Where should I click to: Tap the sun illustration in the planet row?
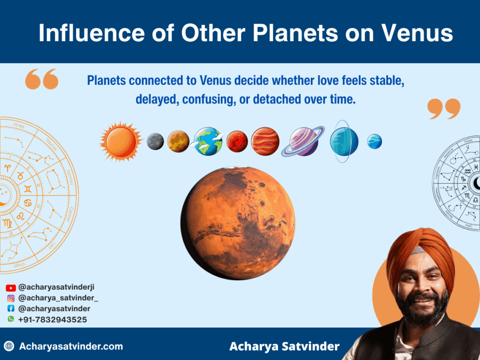(120, 141)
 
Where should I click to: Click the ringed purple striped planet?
(303, 141)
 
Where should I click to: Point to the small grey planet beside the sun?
(155, 141)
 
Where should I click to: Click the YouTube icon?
(11, 288)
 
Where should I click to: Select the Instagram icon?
(11, 298)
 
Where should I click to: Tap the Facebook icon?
(11, 309)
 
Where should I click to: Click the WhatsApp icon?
(11, 319)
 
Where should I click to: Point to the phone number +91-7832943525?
(52, 320)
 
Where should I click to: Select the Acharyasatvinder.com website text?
(71, 347)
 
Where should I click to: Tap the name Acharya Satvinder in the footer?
(284, 347)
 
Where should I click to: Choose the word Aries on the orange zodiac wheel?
(19, 126)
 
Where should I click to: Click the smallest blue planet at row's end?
(374, 141)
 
